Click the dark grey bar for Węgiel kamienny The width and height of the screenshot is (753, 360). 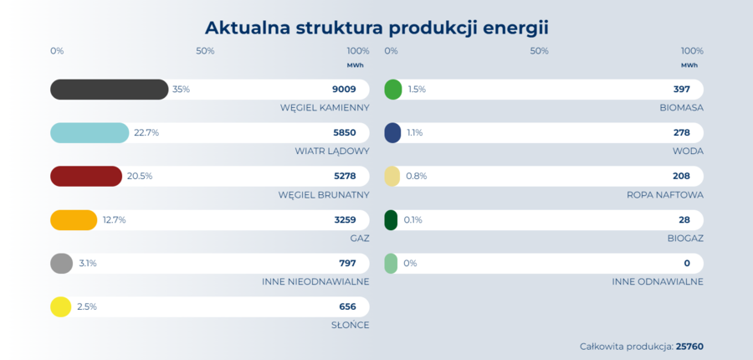point(109,90)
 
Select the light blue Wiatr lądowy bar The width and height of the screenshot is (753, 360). point(90,133)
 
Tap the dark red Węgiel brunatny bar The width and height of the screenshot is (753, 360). point(86,177)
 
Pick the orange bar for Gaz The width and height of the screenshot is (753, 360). point(74,220)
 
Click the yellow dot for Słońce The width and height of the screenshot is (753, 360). point(61,307)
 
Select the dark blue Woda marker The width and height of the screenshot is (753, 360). point(392,133)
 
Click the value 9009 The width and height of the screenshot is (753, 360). point(344,90)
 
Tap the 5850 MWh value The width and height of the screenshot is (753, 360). point(344,133)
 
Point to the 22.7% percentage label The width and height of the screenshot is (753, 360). point(146,133)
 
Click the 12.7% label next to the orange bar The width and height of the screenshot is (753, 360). point(114,220)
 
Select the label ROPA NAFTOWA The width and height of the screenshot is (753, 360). point(664,195)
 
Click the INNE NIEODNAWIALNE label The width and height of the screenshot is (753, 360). point(315,282)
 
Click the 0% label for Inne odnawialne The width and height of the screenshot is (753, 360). point(410,264)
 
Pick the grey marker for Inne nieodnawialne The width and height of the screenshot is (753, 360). point(61,264)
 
